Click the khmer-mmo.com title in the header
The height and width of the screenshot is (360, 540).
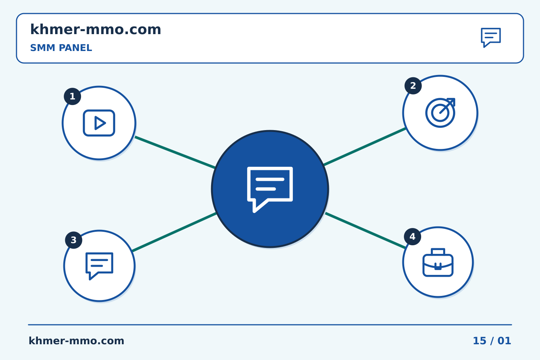coord(96,29)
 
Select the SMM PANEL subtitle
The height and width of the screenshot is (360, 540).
coord(61,48)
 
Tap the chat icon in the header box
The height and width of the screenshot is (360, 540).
coord(491,37)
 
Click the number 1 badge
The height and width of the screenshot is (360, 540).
coord(72,96)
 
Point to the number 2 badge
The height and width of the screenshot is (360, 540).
coord(413,85)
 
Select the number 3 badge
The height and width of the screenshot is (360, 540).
coord(73,240)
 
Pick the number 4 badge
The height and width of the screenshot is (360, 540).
coord(412,237)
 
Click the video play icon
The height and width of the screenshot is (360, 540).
coord(99,123)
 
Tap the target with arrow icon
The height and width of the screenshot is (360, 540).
coord(440,112)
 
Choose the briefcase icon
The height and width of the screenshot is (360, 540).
coord(438,262)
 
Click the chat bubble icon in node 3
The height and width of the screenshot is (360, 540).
coord(99,266)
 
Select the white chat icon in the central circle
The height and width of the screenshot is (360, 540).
coord(270,190)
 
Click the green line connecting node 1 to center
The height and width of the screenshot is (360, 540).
coord(175,152)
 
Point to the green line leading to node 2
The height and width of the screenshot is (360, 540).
coord(365,147)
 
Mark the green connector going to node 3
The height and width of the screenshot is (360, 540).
coord(174,232)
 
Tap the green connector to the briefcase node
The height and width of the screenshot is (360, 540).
coord(366,231)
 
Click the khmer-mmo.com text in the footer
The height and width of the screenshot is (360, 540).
coord(76,341)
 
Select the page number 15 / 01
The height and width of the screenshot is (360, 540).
coord(492,341)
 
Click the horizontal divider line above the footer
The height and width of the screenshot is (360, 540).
coord(270,325)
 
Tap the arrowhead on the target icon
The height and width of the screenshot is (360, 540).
coord(451,102)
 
